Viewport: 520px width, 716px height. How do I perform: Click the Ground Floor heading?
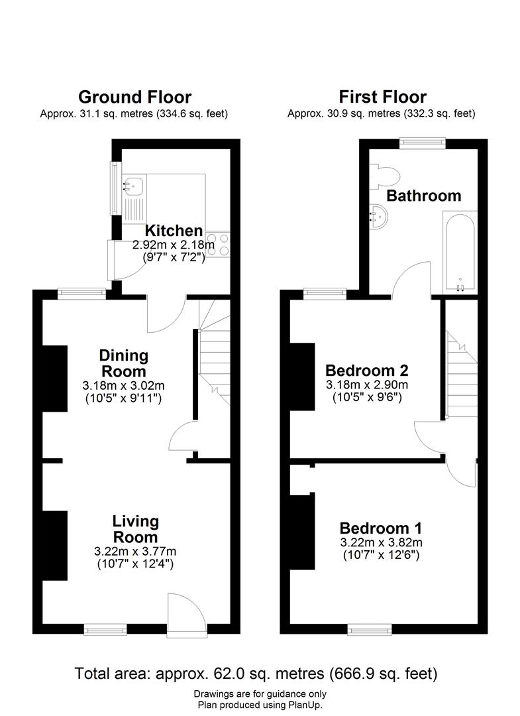click(x=134, y=97)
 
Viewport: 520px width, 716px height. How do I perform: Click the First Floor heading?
click(x=382, y=97)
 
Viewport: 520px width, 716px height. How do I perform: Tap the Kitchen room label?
click(x=174, y=231)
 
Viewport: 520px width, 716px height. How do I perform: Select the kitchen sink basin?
click(x=133, y=186)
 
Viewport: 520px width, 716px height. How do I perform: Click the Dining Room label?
click(x=124, y=363)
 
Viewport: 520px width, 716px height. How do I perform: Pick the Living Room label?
click(x=136, y=529)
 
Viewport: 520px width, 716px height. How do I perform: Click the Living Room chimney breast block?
click(x=55, y=545)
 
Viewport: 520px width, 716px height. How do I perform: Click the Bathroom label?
click(x=424, y=196)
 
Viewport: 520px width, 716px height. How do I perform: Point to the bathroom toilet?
click(x=386, y=176)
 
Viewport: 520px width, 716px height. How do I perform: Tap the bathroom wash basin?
click(x=379, y=216)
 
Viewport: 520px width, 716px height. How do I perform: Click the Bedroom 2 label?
click(x=367, y=370)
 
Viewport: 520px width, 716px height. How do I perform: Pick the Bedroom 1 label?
click(x=381, y=528)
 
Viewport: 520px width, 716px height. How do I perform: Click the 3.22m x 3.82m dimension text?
click(x=382, y=542)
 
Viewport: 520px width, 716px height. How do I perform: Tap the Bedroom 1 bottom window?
click(x=370, y=630)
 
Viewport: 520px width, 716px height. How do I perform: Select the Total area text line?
click(x=256, y=674)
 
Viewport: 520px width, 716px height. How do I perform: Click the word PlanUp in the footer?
click(x=305, y=705)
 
